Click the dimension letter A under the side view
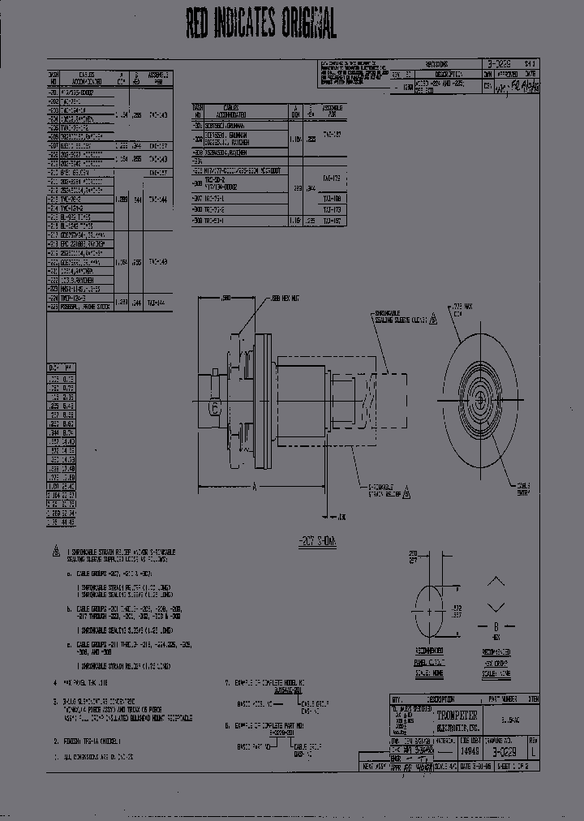point(255,486)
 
